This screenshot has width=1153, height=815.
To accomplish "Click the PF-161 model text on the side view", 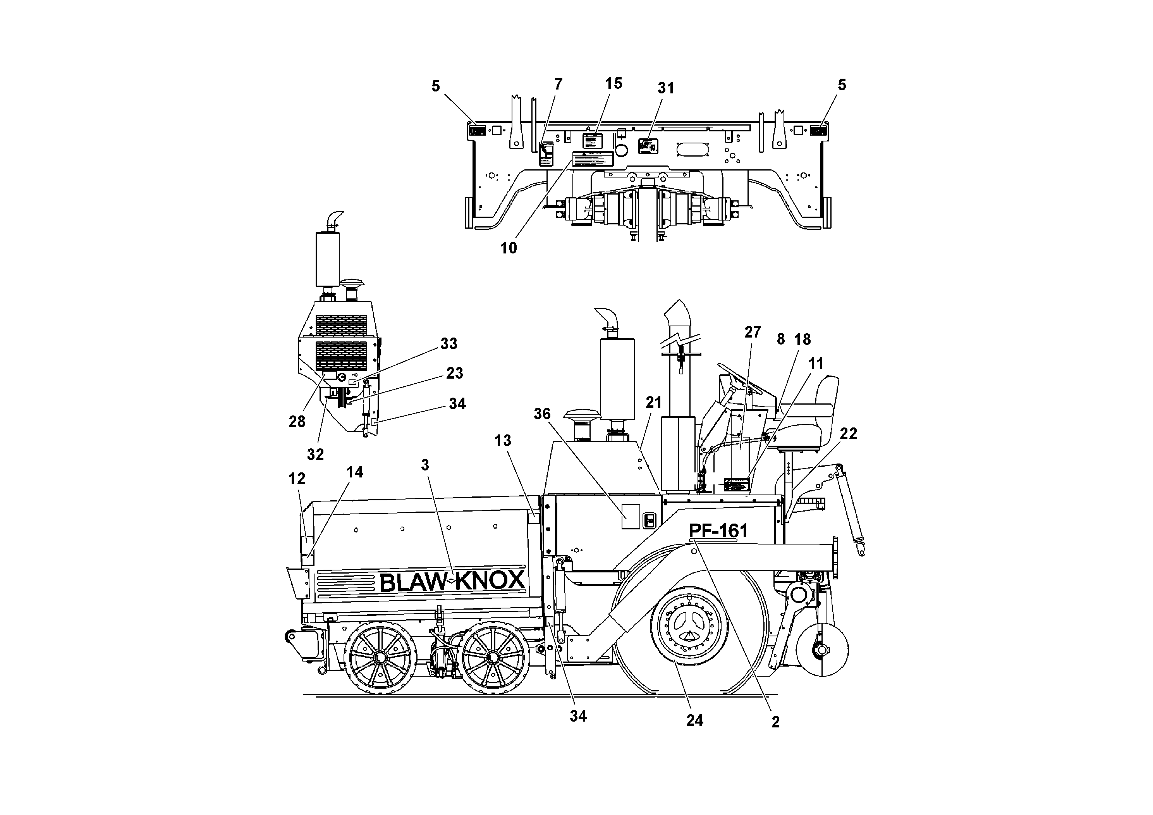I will (x=718, y=531).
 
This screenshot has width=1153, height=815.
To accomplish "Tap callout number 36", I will (x=542, y=414).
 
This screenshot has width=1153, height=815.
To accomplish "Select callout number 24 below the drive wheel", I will (x=694, y=720).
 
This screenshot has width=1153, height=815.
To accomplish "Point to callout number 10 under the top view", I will (x=508, y=248).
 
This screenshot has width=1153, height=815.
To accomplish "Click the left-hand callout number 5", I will (x=435, y=86).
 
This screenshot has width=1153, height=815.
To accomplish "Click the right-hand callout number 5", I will (x=842, y=85).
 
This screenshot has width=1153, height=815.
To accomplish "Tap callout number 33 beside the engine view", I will (x=448, y=344).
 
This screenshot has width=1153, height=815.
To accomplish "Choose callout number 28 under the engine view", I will (x=297, y=422).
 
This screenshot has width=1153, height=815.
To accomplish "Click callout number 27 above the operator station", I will (x=752, y=332).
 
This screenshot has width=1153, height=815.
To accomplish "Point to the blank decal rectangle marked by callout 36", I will (x=631, y=517).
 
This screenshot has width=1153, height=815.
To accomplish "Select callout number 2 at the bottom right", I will (x=775, y=722).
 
